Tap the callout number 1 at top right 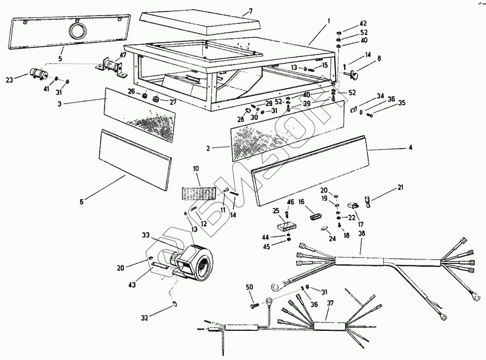tap(328, 22)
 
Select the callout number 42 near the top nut tap(362, 23)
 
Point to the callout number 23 tap(9, 80)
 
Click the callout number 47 tap(123, 55)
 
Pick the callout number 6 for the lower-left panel tap(81, 201)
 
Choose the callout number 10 tap(195, 168)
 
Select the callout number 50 tap(249, 286)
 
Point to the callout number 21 tap(400, 187)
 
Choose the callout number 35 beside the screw tap(401, 103)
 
